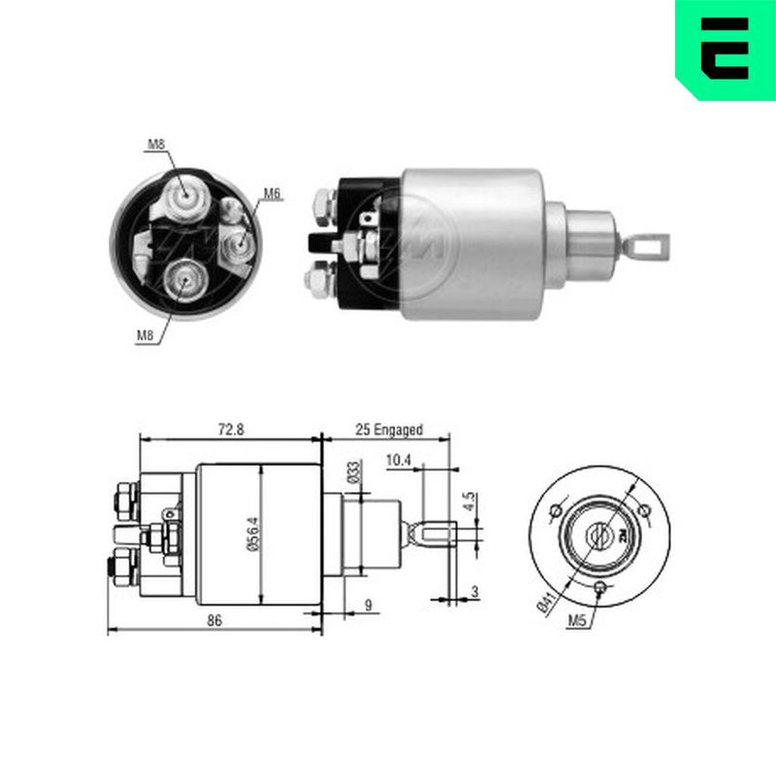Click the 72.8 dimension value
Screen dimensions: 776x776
pos(231,429)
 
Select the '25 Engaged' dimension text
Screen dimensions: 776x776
pos(389,430)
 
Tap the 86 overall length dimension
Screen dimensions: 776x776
pos(214,621)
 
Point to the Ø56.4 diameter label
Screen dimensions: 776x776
pos(252,534)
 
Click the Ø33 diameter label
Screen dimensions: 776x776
pos(353,471)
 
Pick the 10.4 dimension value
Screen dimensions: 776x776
pos(399,460)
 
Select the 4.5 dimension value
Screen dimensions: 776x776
pos(469,501)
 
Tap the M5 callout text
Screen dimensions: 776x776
pos(577,620)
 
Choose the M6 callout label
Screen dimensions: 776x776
pos(272,193)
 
